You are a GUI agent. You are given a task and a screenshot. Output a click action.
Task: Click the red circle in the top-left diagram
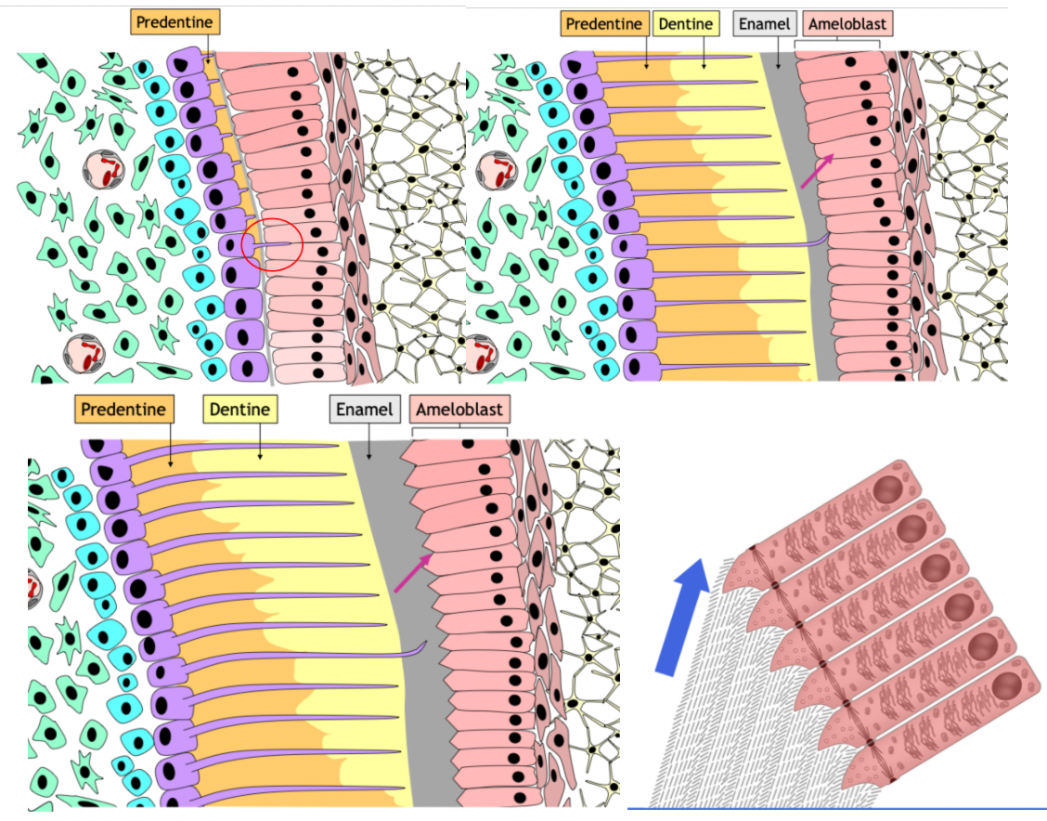272,245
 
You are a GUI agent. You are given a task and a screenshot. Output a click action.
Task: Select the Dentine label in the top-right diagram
688,24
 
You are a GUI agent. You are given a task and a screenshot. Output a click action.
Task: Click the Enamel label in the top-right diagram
763,24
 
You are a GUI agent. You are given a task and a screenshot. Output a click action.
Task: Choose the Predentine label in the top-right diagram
604,24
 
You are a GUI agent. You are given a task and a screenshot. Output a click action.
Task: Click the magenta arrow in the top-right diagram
817,171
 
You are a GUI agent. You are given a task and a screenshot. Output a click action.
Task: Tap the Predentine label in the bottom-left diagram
123,409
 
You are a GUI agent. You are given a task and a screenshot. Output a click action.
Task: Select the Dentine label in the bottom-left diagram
239,409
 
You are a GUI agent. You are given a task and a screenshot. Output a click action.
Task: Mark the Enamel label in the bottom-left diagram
364,409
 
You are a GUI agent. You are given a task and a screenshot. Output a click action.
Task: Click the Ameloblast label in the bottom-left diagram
458,409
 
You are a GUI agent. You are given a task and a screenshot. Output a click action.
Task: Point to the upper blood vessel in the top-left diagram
104,171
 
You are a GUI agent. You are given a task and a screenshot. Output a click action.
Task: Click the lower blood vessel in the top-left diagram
84,353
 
